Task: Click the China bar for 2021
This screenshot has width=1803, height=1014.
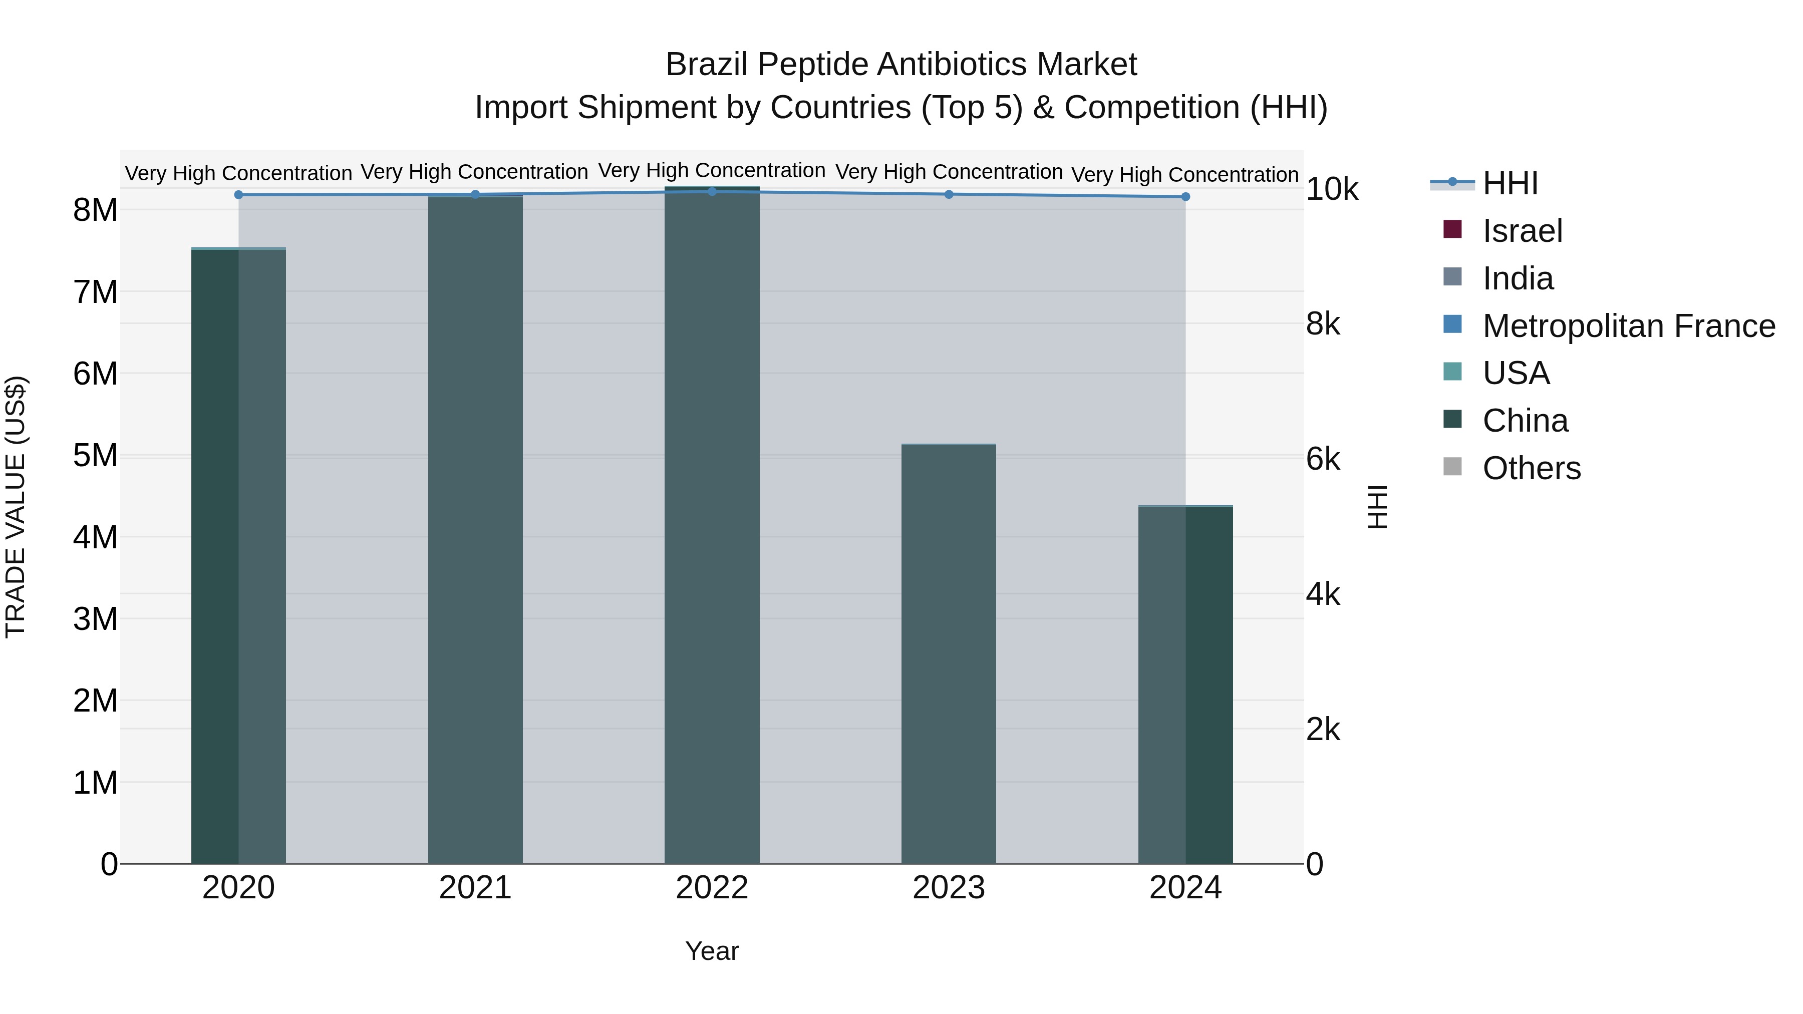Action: (475, 532)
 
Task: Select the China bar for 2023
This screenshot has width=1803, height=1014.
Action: (949, 654)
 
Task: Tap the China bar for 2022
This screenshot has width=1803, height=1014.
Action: (712, 525)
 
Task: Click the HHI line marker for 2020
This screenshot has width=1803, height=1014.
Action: (239, 195)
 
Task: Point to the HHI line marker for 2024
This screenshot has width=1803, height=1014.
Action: (1185, 197)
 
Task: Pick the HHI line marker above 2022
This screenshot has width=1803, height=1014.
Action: (712, 192)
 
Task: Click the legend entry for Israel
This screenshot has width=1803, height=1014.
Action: (1523, 231)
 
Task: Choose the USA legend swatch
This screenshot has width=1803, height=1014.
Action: (1453, 372)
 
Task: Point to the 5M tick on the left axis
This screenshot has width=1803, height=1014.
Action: (95, 456)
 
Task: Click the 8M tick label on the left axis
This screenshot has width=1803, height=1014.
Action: (95, 210)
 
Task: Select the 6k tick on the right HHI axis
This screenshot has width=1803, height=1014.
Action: (1323, 460)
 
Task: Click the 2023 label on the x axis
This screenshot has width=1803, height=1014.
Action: (949, 888)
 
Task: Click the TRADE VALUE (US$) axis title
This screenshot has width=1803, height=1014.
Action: (16, 507)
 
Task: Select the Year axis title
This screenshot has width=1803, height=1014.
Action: (712, 951)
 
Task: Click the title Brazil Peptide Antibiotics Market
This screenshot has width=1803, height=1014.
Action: (901, 65)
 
